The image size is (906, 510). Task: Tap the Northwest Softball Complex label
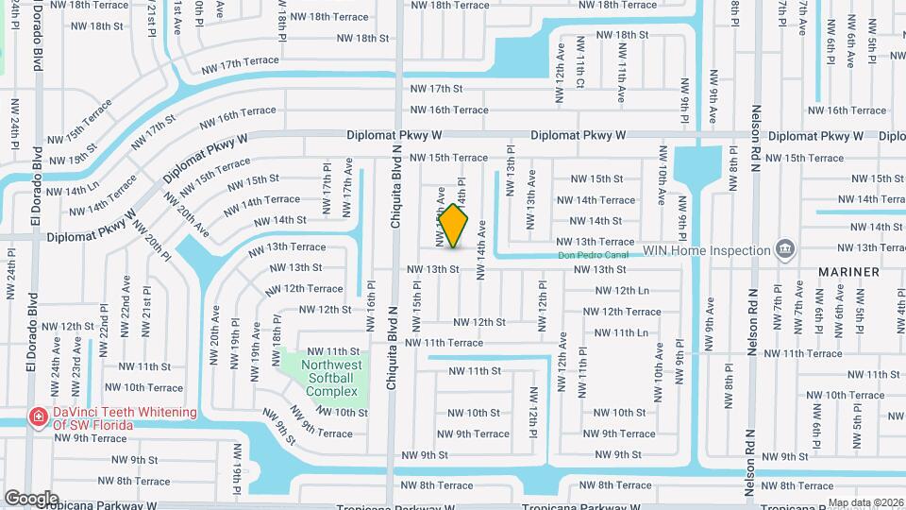coord(331,378)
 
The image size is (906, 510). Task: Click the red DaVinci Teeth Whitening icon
coord(38,417)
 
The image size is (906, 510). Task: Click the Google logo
coord(31,498)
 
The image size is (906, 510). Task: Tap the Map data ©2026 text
coord(864,502)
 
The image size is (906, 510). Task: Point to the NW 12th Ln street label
coord(622,291)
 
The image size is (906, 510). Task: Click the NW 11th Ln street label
coord(622,333)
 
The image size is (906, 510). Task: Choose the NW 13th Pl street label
coord(511,170)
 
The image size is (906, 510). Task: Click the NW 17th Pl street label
coord(327,179)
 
